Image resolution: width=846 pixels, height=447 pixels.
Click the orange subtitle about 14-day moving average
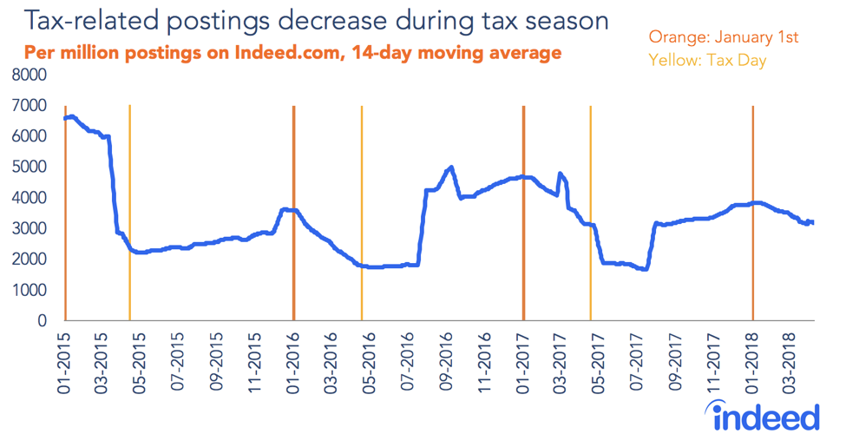coord(292,53)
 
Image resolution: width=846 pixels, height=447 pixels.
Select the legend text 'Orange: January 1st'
coord(723,37)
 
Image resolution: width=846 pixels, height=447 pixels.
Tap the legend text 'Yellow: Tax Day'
coord(707,62)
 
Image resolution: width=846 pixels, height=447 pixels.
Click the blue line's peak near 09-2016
coord(451,168)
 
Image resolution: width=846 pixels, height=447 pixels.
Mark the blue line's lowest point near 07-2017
coord(645,269)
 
